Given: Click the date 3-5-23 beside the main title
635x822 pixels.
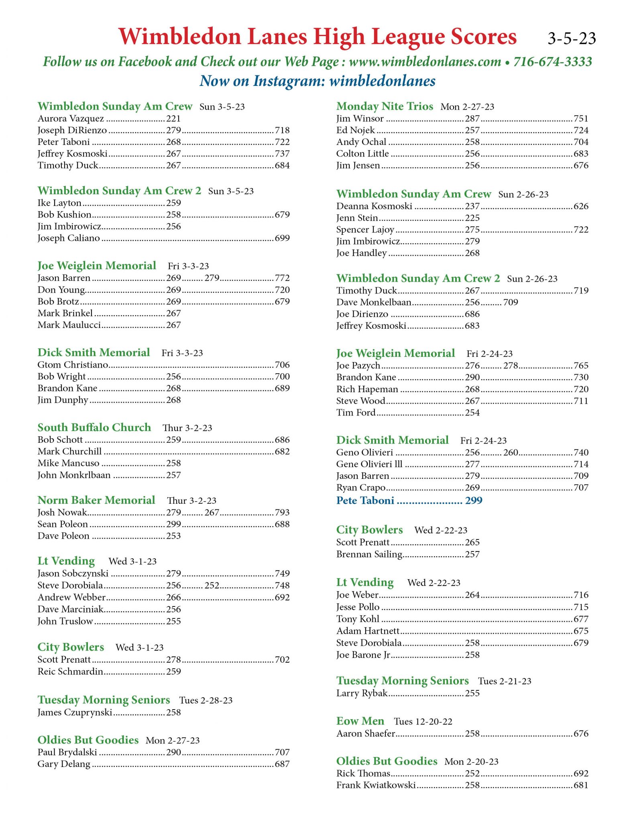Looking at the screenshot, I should pos(572,39).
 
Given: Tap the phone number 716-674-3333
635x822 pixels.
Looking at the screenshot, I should pos(553,62).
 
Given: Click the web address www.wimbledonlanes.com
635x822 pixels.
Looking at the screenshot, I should pos(425,62).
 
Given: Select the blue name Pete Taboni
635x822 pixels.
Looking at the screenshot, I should pos(365,501).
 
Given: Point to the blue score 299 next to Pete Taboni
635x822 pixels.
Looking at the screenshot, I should pos(474,501).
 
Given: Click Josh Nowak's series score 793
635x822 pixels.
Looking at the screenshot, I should pos(282,513).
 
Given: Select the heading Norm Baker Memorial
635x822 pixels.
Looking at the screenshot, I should pos(96,500).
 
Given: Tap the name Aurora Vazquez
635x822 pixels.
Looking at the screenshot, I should pos(71,119).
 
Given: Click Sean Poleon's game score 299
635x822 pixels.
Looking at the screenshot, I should pos(174,524).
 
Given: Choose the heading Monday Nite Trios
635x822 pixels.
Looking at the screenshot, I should pos(385,106).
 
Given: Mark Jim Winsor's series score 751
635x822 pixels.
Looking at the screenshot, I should pos(581,119).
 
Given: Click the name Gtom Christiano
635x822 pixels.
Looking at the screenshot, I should pos(73,365).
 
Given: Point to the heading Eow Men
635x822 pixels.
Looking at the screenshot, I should pos(360,721).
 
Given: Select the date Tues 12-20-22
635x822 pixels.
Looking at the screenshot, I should pos(423,722).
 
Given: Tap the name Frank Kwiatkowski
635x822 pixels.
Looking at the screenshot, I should pos(376,785).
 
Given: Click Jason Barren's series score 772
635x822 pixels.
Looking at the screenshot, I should pos(282,278).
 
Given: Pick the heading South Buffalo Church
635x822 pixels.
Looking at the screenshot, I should pos(94,427).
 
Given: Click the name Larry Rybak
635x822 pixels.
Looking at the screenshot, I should pos(362,693).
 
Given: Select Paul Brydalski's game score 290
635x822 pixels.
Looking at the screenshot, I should pos(174,752).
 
